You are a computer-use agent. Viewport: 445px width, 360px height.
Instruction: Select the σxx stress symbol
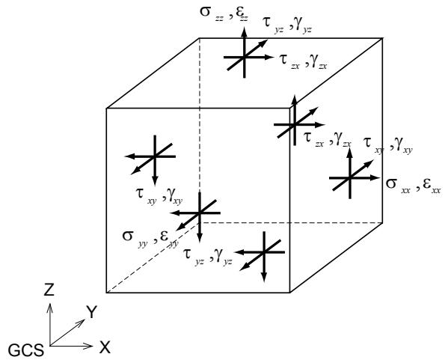click(x=398, y=186)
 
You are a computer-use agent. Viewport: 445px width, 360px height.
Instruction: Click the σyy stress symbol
click(x=135, y=239)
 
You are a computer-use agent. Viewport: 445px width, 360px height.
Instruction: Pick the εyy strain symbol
click(x=169, y=239)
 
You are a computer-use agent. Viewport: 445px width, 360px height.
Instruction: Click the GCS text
click(x=26, y=350)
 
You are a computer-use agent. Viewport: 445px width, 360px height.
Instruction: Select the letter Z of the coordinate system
click(x=49, y=290)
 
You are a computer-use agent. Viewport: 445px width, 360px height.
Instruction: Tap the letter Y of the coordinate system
click(x=92, y=312)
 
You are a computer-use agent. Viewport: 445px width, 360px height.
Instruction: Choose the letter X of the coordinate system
click(x=105, y=347)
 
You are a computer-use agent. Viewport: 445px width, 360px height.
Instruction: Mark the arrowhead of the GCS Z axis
click(x=50, y=307)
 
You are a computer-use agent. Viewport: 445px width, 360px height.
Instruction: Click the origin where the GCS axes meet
click(x=50, y=346)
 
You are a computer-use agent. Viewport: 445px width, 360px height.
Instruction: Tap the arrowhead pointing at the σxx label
click(x=375, y=178)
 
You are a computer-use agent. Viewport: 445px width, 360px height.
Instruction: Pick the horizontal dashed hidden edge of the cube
click(x=291, y=223)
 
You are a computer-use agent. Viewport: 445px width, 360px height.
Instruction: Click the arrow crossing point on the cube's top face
click(x=244, y=58)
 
